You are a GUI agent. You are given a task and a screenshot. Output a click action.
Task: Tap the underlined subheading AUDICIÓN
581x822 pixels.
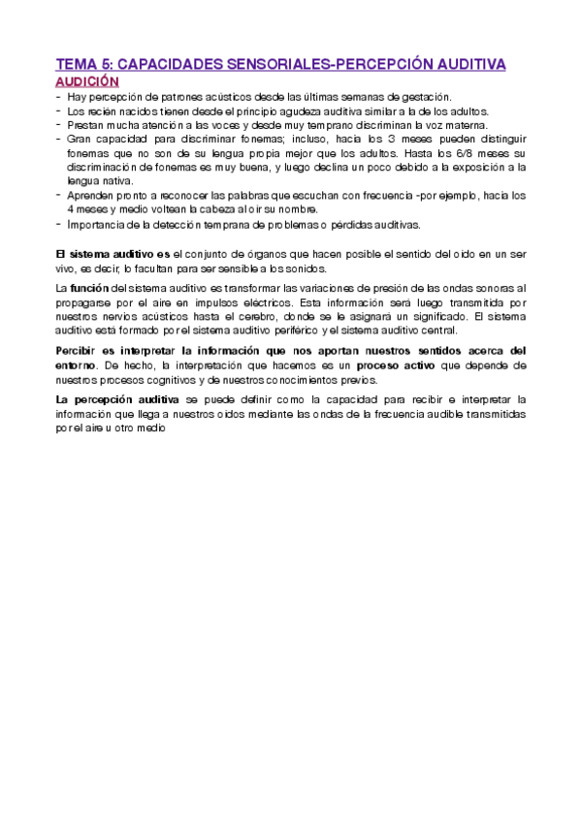[x=87, y=82]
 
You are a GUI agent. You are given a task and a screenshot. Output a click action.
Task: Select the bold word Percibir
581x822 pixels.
[x=79, y=351]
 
